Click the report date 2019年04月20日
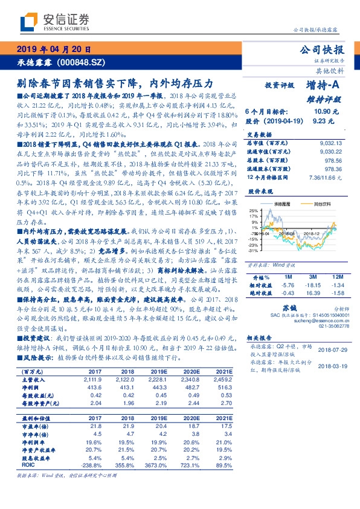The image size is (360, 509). pos(53,50)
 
